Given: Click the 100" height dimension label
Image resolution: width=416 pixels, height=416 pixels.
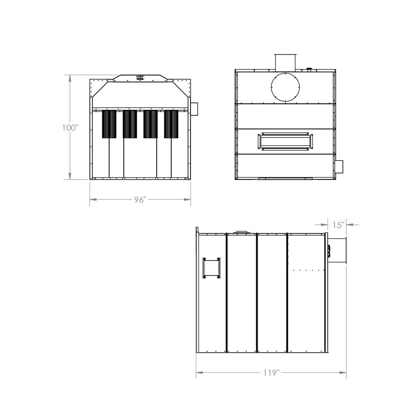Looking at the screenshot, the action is [70, 128].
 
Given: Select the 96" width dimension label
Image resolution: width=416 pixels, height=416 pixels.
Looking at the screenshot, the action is [140, 200].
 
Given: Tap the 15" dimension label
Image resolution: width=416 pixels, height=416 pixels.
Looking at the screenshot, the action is [338, 225].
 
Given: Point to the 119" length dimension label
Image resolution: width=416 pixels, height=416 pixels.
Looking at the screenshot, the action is [271, 373].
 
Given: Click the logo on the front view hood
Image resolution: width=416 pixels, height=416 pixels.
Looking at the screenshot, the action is [140, 77].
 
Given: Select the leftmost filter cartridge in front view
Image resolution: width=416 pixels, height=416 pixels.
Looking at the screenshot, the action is [109, 124].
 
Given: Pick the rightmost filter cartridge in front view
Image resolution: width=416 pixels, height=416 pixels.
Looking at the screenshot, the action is [171, 124].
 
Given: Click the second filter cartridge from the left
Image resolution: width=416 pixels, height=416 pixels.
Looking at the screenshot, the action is [130, 124].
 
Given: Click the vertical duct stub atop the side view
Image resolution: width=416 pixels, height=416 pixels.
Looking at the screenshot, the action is [285, 63].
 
